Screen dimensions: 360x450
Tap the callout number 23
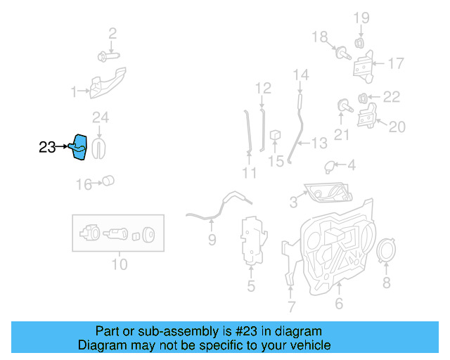pyautogui.click(x=47, y=147)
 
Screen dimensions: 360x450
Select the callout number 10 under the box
pyautogui.click(x=119, y=264)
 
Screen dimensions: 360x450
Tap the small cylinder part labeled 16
pyautogui.click(x=108, y=181)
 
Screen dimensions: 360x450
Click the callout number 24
pyautogui.click(x=101, y=117)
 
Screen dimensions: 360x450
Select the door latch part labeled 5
pyautogui.click(x=252, y=243)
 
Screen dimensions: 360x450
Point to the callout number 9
pyautogui.click(x=212, y=240)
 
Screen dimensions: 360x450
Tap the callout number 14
pyautogui.click(x=300, y=75)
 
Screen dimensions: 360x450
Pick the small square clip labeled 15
pyautogui.click(x=276, y=134)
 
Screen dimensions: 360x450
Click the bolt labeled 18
pyautogui.click(x=342, y=51)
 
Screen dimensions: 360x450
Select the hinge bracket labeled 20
pyautogui.click(x=366, y=117)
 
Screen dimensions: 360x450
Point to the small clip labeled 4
pyautogui.click(x=328, y=166)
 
